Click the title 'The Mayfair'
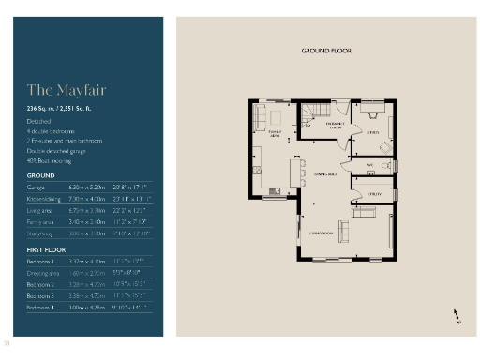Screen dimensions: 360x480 53,91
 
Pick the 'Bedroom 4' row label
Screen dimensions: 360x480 40,307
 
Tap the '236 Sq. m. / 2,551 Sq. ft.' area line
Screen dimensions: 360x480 63,110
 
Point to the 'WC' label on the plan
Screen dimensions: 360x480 370,166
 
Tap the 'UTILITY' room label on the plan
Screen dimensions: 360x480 373,193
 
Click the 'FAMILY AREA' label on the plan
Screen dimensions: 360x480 275,135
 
